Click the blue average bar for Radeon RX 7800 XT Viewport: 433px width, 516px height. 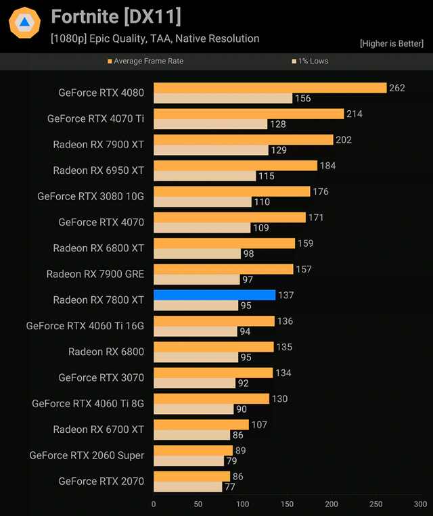click(x=214, y=295)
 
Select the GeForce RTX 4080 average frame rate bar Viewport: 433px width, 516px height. click(x=270, y=88)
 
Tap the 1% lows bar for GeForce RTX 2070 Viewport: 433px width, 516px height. click(x=187, y=486)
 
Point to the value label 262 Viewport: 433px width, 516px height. click(x=397, y=88)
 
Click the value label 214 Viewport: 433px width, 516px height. click(x=355, y=114)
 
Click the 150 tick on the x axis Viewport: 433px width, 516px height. click(x=287, y=504)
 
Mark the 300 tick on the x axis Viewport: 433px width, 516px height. click(x=420, y=504)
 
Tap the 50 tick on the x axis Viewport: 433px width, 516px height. click(x=198, y=504)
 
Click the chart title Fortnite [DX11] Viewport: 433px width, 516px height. click(x=116, y=16)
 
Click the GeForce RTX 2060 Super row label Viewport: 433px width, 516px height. click(x=87, y=455)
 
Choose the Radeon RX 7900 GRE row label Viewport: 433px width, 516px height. click(x=95, y=274)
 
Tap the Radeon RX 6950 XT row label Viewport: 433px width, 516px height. click(x=99, y=170)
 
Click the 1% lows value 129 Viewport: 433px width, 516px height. click(x=279, y=150)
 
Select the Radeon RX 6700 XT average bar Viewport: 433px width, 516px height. click(x=210, y=425)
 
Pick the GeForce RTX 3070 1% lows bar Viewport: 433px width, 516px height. click(x=194, y=383)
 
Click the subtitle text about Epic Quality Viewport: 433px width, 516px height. click(x=155, y=39)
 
